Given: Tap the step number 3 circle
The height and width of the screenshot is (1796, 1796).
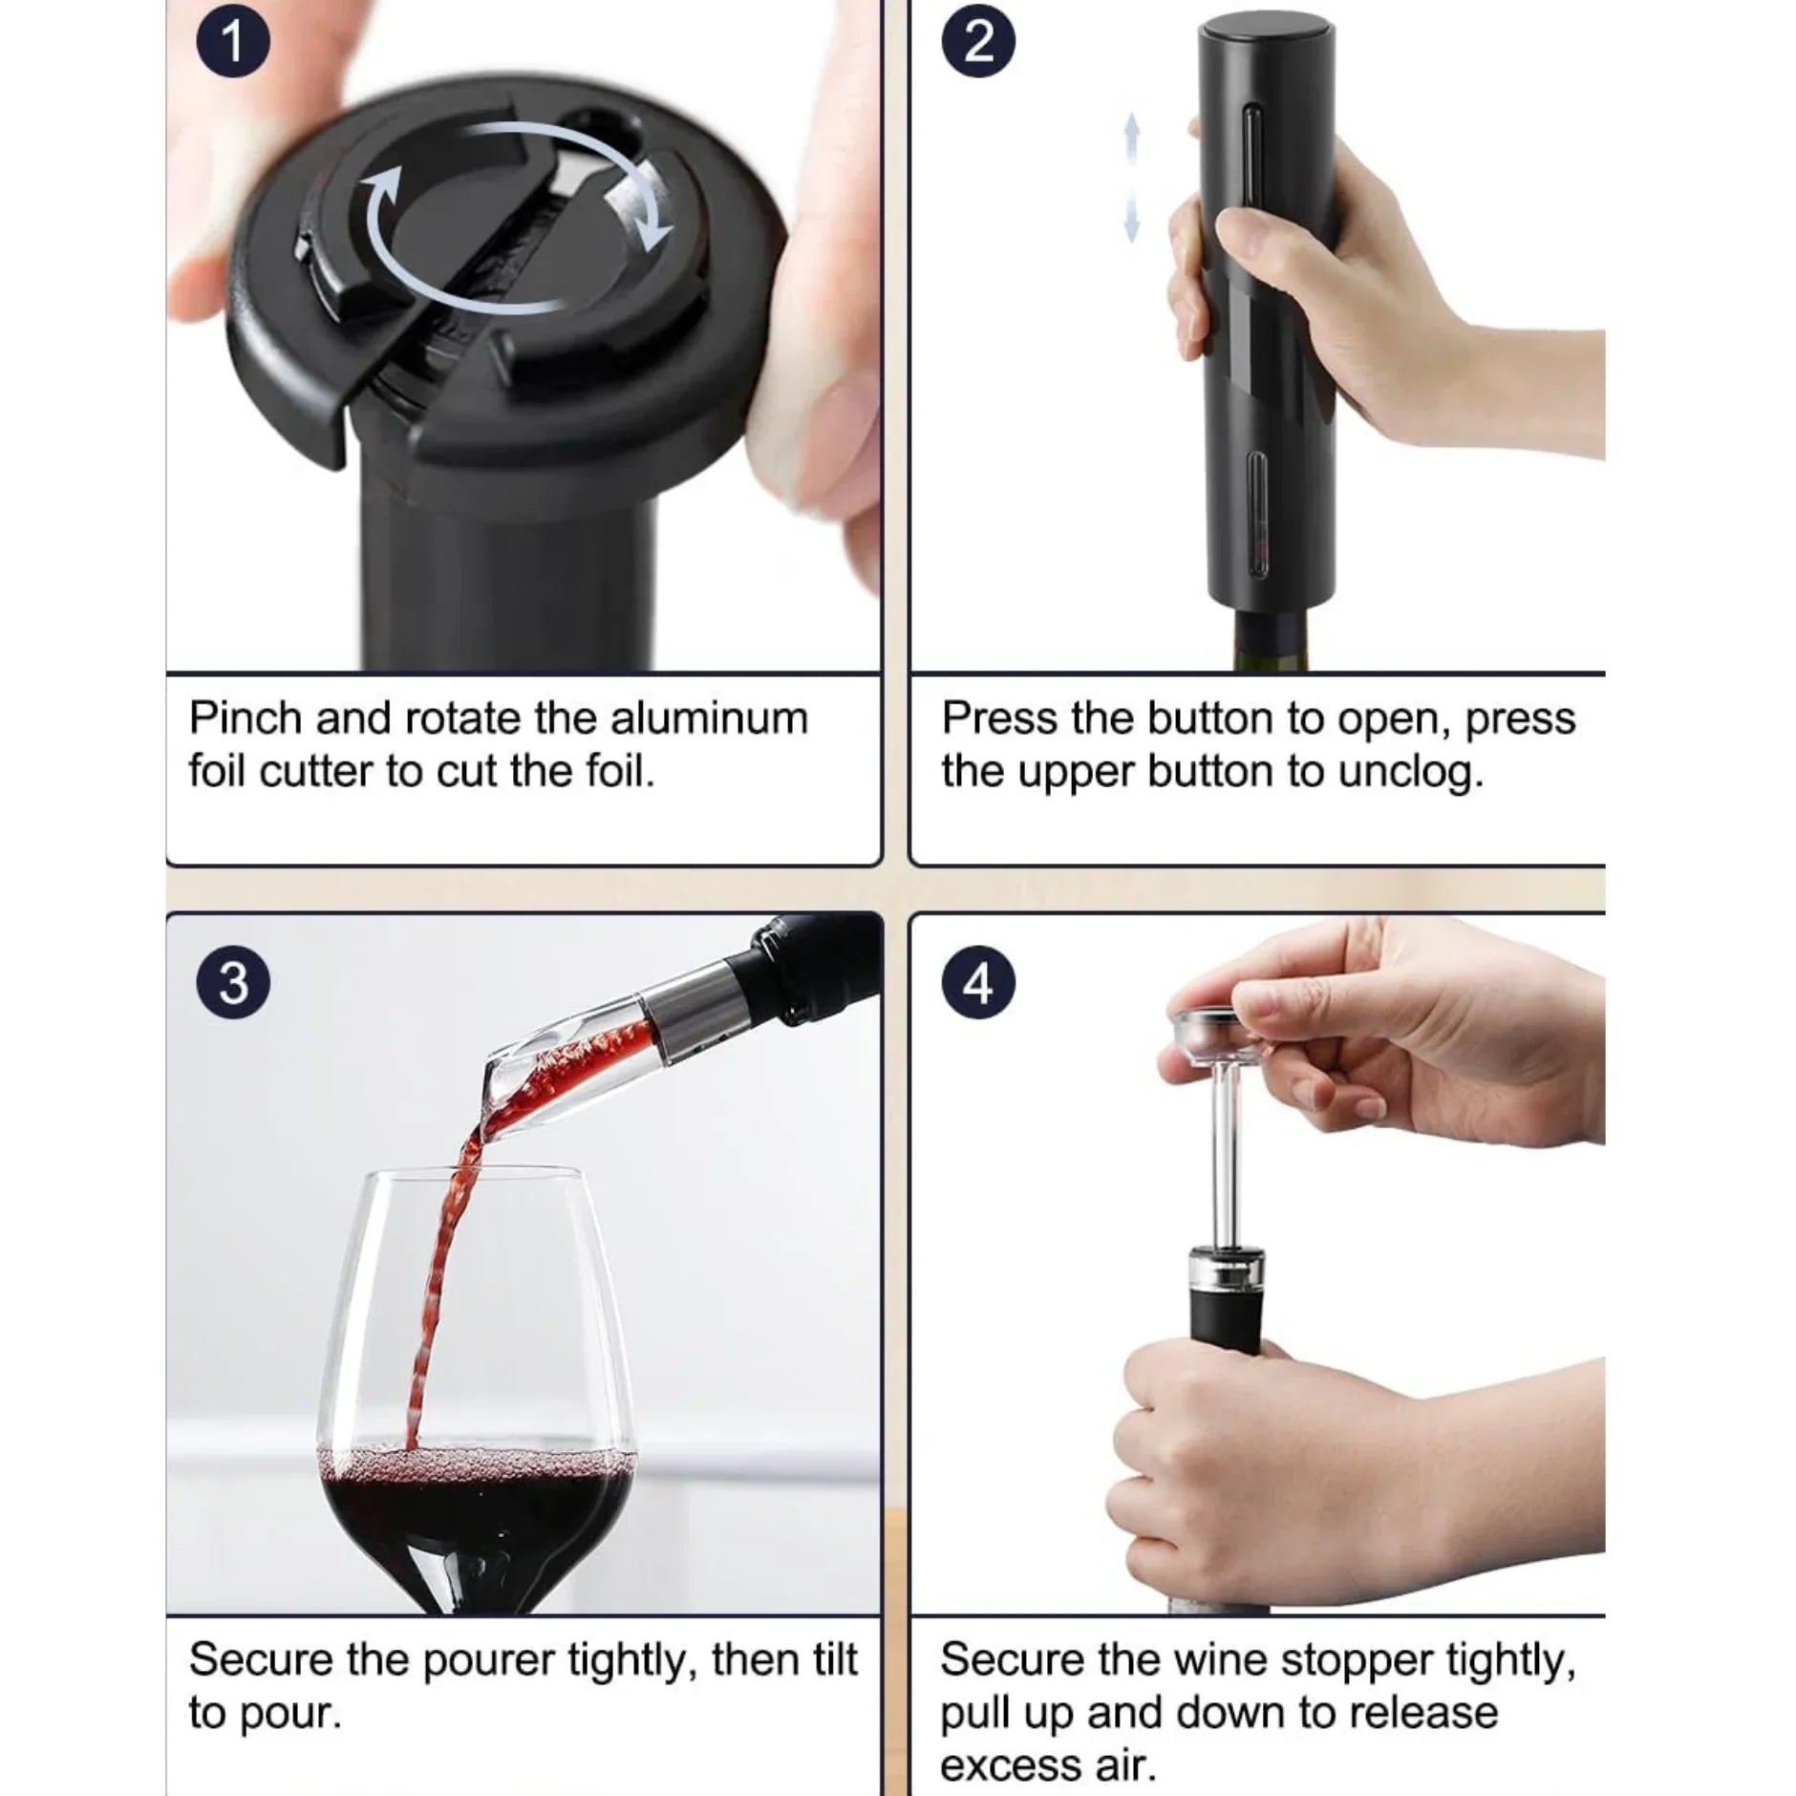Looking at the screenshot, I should [232, 982].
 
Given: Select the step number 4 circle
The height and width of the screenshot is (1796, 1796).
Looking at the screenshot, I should [977, 982].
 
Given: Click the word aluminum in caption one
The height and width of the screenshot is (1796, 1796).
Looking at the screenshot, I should [709, 718].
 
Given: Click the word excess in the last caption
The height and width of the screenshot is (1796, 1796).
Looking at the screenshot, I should [1009, 1765].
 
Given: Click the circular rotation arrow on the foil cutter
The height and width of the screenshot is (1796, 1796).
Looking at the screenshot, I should [516, 218].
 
